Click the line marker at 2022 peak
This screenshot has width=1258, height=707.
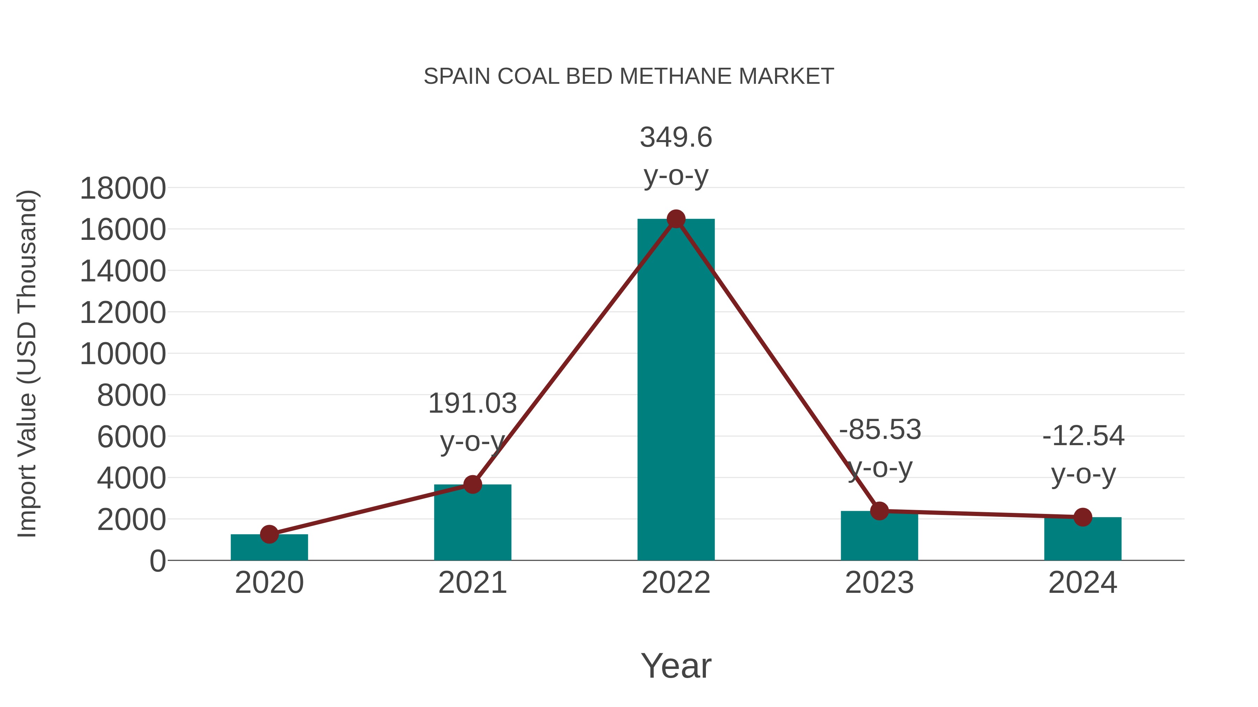click(676, 219)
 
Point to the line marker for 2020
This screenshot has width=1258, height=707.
click(269, 534)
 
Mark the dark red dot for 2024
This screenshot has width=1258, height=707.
click(1083, 517)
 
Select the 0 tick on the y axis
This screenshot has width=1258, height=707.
click(157, 561)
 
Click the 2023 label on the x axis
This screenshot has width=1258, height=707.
click(879, 583)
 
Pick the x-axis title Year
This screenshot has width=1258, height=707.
click(676, 666)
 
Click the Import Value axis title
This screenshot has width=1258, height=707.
click(27, 363)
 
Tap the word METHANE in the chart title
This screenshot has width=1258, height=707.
click(676, 76)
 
